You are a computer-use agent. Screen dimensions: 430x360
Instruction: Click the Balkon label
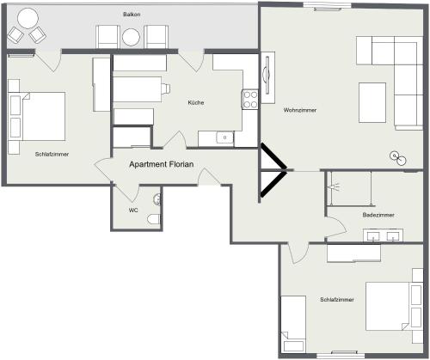(x=132, y=15)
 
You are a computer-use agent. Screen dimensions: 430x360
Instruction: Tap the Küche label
(x=196, y=102)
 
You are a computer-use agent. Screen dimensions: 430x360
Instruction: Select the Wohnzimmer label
(x=300, y=110)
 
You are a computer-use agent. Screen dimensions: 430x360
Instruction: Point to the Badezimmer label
(x=378, y=215)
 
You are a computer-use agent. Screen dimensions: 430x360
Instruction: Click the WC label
(x=133, y=211)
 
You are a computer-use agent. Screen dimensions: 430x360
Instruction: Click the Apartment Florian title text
(x=162, y=164)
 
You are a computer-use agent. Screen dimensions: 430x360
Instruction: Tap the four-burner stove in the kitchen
(x=250, y=100)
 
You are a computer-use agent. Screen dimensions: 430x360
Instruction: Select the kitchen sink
(x=225, y=137)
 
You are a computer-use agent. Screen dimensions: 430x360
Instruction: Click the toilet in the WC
(x=154, y=219)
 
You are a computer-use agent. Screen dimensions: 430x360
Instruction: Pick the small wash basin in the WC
(x=157, y=199)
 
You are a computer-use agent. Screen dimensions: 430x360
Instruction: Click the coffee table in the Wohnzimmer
(x=372, y=103)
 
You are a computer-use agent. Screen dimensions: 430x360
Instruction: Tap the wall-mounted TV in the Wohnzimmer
(x=267, y=76)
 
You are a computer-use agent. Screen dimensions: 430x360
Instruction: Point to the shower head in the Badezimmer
(x=335, y=186)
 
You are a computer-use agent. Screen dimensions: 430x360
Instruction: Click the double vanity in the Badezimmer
(x=384, y=235)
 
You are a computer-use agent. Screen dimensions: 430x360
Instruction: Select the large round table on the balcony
(x=28, y=18)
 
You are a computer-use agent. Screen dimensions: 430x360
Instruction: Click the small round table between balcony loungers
(x=131, y=37)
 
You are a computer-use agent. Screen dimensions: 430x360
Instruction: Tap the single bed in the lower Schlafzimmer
(x=293, y=324)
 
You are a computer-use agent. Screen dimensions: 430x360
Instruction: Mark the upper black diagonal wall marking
(x=273, y=156)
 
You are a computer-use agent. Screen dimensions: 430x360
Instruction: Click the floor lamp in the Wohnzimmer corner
(x=398, y=158)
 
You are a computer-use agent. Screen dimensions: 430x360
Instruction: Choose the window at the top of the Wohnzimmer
(x=328, y=7)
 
